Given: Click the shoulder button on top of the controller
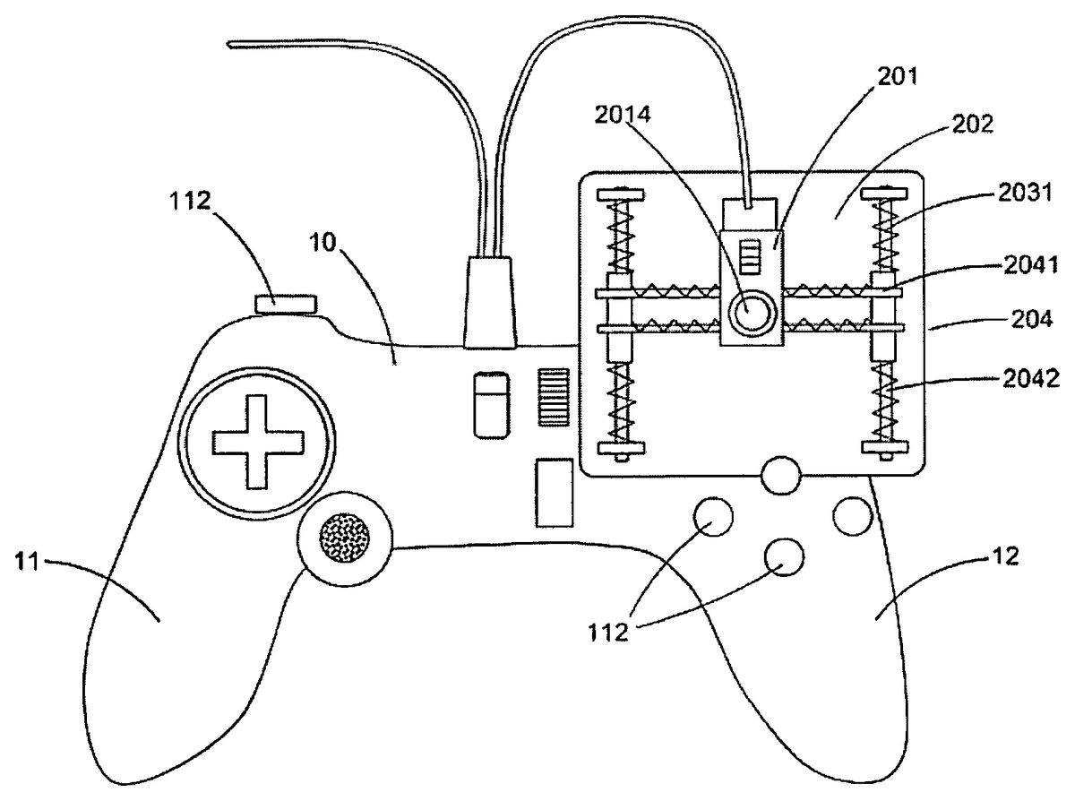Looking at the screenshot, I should pyautogui.click(x=286, y=304).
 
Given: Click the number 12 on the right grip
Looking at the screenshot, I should pyautogui.click(x=1005, y=557).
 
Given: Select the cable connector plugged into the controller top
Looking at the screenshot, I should pyautogui.click(x=491, y=299).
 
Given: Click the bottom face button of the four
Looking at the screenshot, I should pyautogui.click(x=784, y=557).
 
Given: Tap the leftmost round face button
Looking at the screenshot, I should pyautogui.click(x=713, y=517).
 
